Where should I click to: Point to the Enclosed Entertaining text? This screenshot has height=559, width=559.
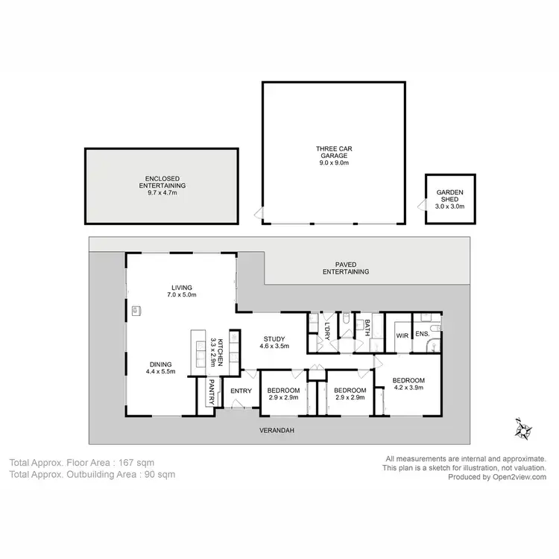[161, 186]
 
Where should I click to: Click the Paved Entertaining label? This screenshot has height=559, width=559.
[346, 268]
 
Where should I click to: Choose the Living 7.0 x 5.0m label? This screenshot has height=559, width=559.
[181, 291]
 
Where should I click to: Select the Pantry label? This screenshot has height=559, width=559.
[212, 392]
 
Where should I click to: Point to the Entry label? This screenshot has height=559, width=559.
[241, 391]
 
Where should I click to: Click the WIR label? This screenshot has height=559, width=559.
[400, 335]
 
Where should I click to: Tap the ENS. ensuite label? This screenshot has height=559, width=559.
[421, 335]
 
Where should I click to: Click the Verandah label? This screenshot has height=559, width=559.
[274, 432]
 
